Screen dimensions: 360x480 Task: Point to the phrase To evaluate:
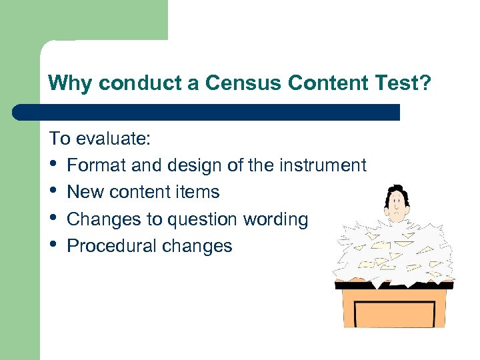tap(100, 139)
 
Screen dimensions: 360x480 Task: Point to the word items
tap(201, 192)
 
